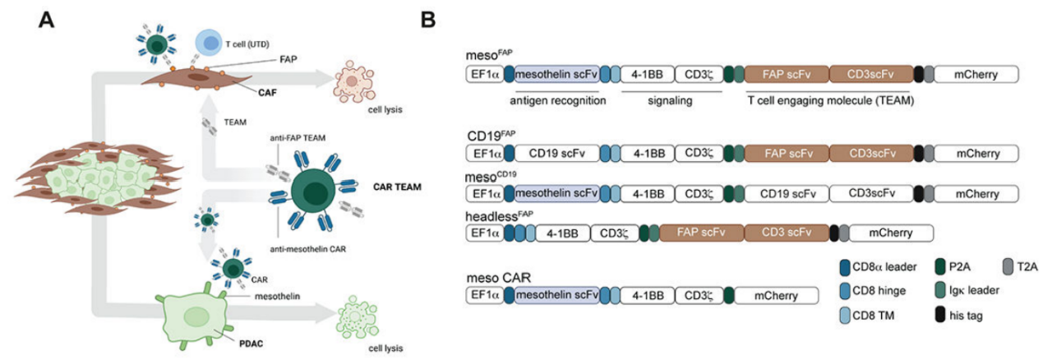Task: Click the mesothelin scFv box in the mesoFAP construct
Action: (x=556, y=75)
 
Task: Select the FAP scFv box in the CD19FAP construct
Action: (x=787, y=153)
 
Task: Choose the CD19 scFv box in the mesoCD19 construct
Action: (x=787, y=194)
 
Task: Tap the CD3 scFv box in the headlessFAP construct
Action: (x=785, y=233)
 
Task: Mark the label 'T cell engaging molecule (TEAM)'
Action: (x=831, y=100)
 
